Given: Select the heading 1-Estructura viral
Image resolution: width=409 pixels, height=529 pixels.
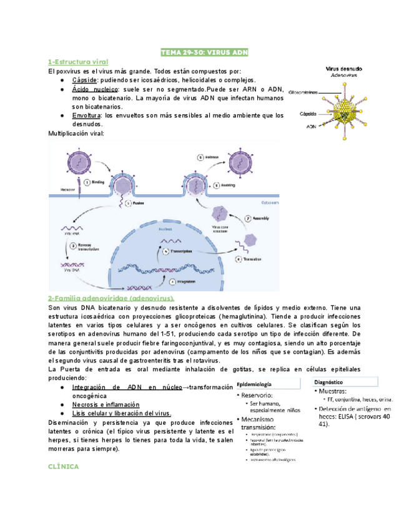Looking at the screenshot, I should click(79, 62).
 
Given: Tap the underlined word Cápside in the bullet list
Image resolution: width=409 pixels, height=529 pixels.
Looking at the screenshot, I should click(84, 80).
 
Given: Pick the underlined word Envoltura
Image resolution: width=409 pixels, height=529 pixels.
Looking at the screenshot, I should click(87, 115).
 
